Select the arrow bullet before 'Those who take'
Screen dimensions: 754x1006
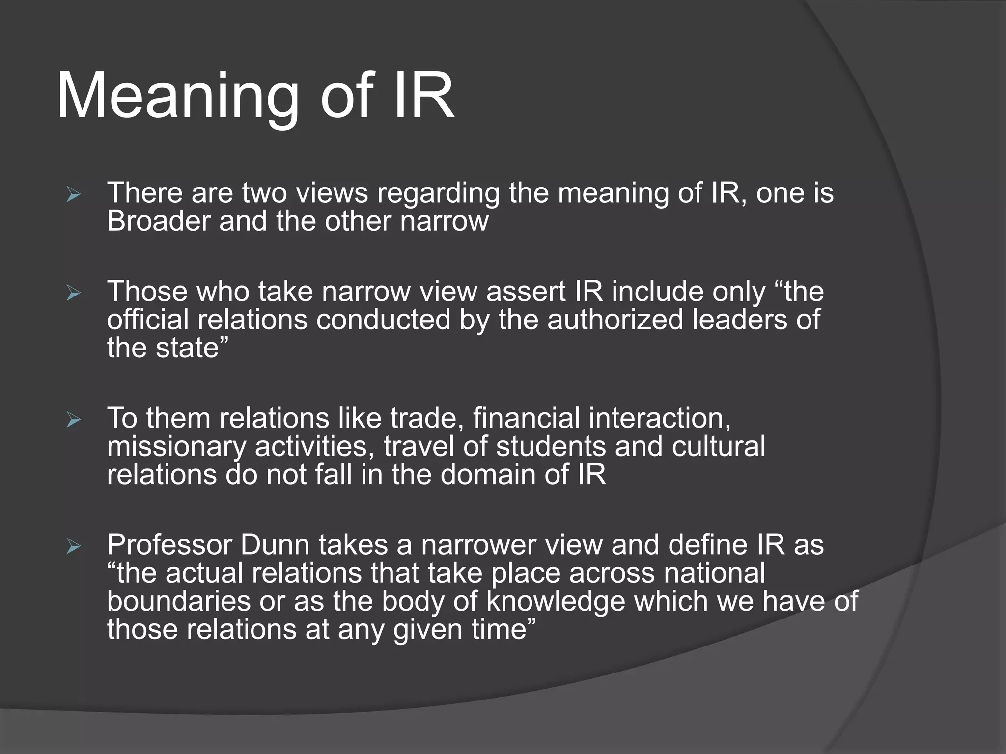coord(74,294)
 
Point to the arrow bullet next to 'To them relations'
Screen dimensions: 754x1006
coord(74,420)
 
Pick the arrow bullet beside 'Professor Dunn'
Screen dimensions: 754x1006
coord(74,546)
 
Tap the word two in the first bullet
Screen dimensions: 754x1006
coord(264,193)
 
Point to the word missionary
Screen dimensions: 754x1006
coord(176,447)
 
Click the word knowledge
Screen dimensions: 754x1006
coord(556,602)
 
